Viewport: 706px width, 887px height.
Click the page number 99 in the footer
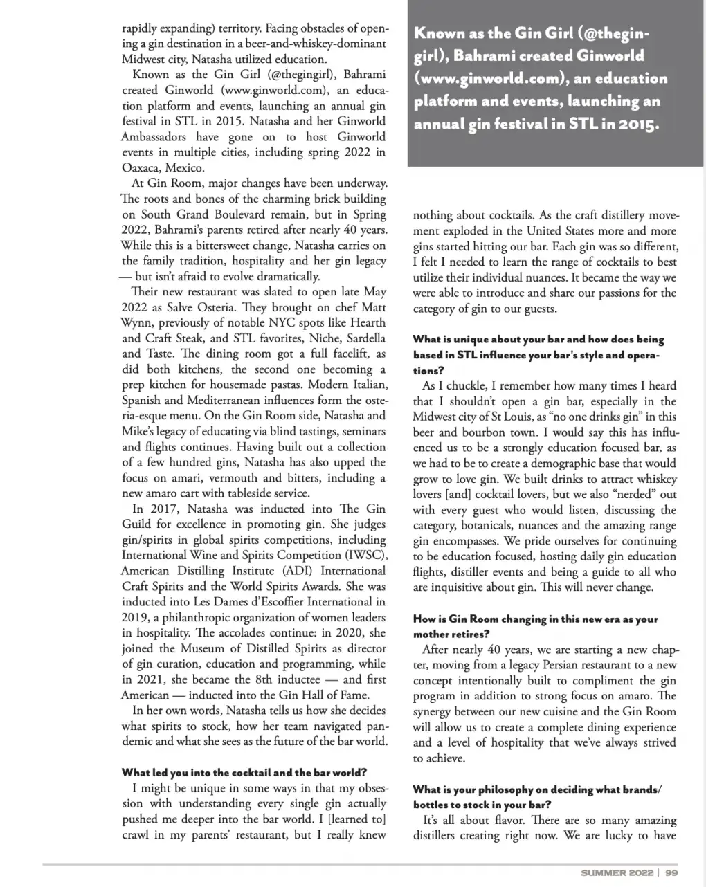point(671,873)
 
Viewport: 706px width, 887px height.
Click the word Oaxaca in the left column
point(142,167)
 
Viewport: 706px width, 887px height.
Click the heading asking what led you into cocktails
point(244,772)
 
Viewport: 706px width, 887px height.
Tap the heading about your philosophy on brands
point(537,789)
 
